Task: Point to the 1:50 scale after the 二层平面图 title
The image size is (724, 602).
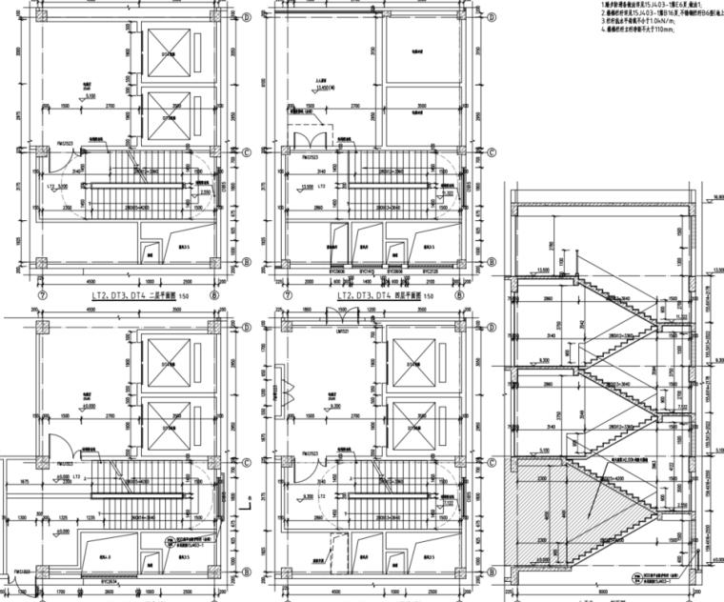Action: coord(191,297)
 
